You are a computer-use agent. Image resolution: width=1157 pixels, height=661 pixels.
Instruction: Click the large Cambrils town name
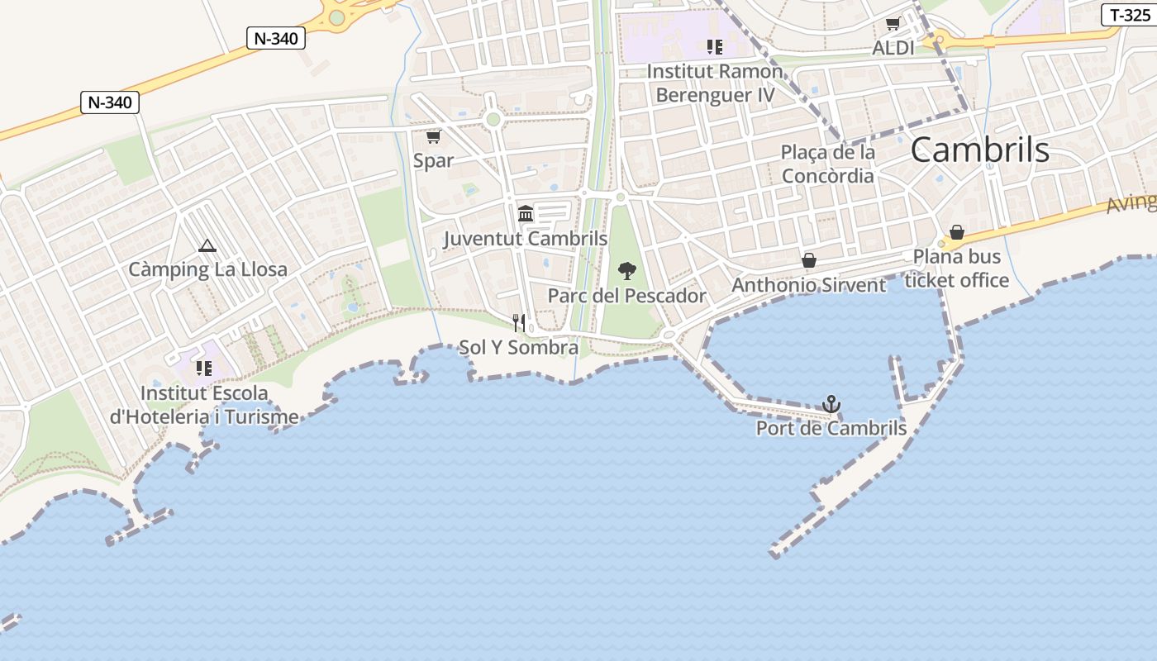[x=979, y=150]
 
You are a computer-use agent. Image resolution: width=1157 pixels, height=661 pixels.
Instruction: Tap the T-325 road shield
[x=1130, y=15]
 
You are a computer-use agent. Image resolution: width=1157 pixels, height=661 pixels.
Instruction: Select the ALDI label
[x=893, y=48]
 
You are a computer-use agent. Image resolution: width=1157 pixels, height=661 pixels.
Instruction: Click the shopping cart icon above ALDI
[x=893, y=24]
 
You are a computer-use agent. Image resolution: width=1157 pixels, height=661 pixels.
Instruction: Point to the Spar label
[x=434, y=160]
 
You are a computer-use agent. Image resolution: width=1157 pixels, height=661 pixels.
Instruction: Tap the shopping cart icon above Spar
[x=433, y=136]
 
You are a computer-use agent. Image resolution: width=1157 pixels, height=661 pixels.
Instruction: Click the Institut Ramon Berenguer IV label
[x=715, y=83]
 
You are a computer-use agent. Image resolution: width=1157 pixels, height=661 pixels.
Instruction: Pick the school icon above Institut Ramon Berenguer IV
[x=715, y=47]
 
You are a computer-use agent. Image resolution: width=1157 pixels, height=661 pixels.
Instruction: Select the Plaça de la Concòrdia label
[x=827, y=164]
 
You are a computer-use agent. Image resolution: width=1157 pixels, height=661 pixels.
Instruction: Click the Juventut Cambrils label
[x=526, y=239]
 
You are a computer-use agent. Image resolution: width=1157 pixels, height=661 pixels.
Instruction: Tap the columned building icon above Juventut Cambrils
[x=526, y=214]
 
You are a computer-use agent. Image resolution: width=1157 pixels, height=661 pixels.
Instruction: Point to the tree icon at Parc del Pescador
[x=627, y=270]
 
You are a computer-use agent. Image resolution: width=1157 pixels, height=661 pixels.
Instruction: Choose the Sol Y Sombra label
[x=518, y=347]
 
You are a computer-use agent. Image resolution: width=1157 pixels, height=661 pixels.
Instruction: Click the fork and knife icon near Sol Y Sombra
[x=519, y=322]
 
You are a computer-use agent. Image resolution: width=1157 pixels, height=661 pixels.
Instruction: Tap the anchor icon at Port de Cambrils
[x=831, y=404]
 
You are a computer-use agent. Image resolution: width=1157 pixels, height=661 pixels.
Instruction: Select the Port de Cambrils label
[x=831, y=429]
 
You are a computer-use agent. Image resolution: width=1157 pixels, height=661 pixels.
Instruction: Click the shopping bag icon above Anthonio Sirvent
[x=809, y=260]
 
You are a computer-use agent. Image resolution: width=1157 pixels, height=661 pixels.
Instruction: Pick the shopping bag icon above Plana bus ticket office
[x=957, y=232]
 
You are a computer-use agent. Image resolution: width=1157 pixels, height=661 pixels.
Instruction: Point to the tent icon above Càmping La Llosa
[x=207, y=245]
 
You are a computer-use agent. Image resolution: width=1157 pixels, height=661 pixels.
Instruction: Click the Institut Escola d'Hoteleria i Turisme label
[x=204, y=405]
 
